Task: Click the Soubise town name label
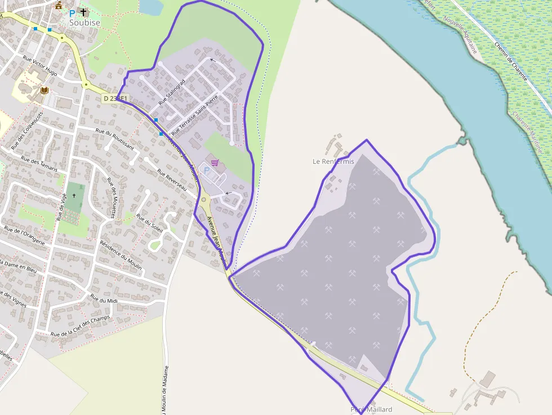click(x=84, y=23)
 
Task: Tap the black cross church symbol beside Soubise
click(x=84, y=12)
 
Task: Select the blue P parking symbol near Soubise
click(x=72, y=13)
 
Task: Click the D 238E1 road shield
click(x=115, y=99)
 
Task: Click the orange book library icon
click(x=44, y=90)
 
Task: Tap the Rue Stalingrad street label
click(x=172, y=93)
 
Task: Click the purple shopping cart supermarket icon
click(x=215, y=163)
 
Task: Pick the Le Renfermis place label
click(x=333, y=162)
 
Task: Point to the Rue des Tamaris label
click(x=37, y=163)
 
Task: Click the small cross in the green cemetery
click(x=74, y=196)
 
